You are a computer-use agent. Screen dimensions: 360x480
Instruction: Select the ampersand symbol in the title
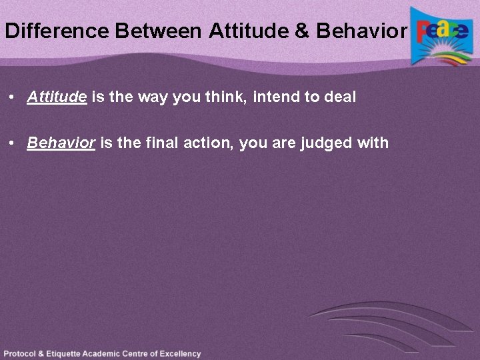tap(303, 31)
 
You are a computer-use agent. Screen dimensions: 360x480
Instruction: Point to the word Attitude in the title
tap(251, 31)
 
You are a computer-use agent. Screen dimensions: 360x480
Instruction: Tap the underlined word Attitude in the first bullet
tap(57, 97)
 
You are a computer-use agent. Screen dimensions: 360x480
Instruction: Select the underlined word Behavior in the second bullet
tap(61, 143)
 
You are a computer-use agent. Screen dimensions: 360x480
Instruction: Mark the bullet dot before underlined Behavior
tap(13, 143)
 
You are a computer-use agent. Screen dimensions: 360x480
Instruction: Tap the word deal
tap(340, 97)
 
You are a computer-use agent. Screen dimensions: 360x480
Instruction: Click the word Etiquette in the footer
tap(69, 354)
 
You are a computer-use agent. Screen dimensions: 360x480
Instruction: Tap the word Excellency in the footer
tap(179, 354)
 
